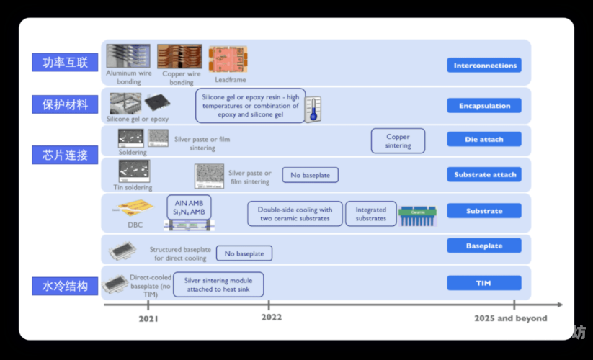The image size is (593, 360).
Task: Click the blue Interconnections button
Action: [484, 66]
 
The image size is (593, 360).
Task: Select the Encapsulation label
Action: [484, 106]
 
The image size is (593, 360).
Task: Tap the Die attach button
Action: [484, 139]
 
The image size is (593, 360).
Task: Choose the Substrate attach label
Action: [484, 174]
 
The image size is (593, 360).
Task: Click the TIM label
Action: [484, 283]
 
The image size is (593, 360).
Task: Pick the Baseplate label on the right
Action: [484, 246]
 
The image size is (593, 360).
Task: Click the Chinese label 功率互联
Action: [65, 62]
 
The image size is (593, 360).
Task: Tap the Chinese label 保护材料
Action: [65, 104]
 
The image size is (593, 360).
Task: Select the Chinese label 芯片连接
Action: [65, 155]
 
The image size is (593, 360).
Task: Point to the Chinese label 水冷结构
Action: [65, 286]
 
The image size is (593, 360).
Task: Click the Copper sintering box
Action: [398, 141]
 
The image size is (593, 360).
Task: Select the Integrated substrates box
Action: [371, 214]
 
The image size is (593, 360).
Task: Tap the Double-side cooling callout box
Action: [295, 214]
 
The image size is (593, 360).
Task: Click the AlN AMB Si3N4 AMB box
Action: [187, 207]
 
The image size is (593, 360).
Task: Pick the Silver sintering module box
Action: [218, 284]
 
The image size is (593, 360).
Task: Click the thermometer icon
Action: [312, 109]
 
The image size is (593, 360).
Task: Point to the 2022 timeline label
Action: [271, 318]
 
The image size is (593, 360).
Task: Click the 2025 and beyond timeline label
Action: [510, 318]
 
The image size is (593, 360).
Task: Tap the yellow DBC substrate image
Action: [135, 210]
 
